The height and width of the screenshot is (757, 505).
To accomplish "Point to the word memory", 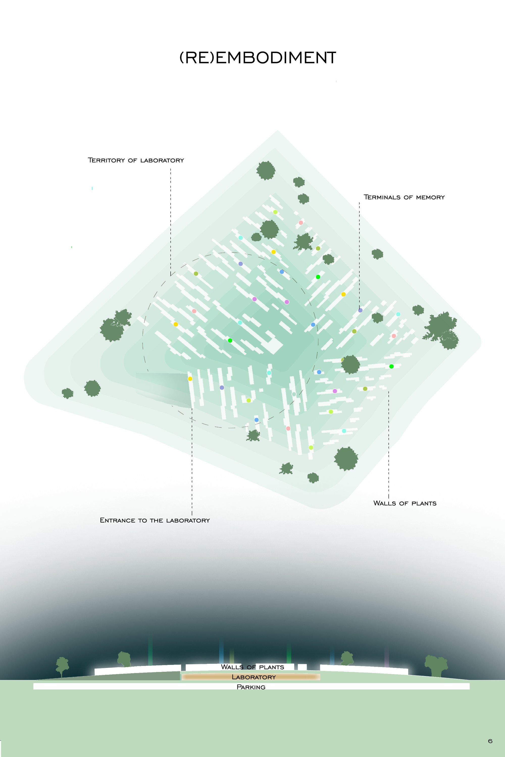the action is (430, 198).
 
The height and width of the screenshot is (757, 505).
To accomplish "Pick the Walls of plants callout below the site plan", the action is (405, 503).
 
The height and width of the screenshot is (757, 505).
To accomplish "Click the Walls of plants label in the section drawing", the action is (252, 667).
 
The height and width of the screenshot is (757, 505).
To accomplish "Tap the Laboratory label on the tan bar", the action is (254, 677).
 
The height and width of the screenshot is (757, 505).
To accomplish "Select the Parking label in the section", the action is (251, 687).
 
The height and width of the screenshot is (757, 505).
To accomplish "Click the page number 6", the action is (490, 741).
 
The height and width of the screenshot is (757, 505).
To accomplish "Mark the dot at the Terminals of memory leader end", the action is (360, 310).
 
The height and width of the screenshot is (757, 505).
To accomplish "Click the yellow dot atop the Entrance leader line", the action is (190, 379).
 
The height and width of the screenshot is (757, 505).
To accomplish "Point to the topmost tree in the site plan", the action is (266, 170).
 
